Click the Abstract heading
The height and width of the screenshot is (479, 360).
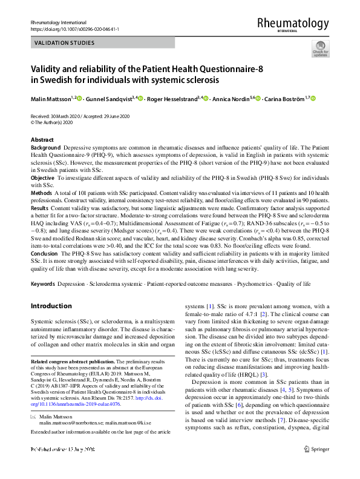click(x=42, y=140)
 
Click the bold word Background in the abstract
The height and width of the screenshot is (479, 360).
click(x=45, y=148)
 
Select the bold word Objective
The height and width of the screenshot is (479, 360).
click(x=42, y=179)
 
